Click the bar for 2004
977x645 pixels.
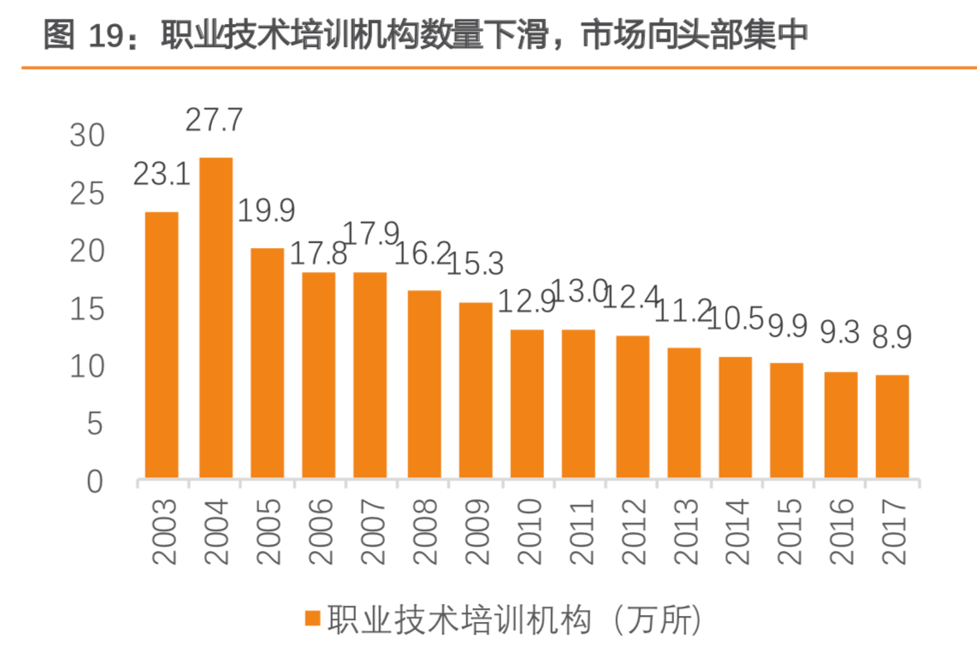coord(216,317)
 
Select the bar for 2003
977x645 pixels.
coord(162,345)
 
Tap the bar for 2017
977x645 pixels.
coord(891,426)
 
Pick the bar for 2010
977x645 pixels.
coord(527,404)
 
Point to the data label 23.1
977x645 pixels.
coord(161,175)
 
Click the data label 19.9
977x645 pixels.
coord(265,211)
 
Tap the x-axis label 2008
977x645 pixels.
coord(423,530)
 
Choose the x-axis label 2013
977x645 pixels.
coord(684,530)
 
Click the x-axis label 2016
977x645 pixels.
coord(841,530)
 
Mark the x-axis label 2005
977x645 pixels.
coord(267,530)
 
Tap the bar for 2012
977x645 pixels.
coord(632,406)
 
